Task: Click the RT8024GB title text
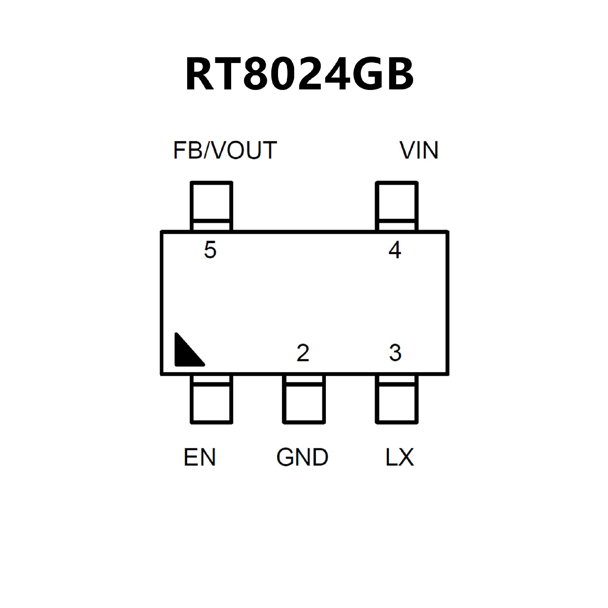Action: pyautogui.click(x=299, y=74)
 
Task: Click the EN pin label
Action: pyautogui.click(x=199, y=457)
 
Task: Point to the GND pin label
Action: pyautogui.click(x=302, y=457)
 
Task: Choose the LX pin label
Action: pyautogui.click(x=400, y=457)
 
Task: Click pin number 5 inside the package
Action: pyautogui.click(x=210, y=250)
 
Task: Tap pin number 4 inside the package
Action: pyautogui.click(x=395, y=250)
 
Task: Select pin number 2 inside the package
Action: pyautogui.click(x=303, y=353)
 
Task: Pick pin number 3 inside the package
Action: pyautogui.click(x=395, y=353)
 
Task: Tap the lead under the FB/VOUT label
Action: pyautogui.click(x=211, y=206)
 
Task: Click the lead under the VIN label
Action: pyautogui.click(x=396, y=206)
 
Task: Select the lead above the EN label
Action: pyautogui.click(x=211, y=399)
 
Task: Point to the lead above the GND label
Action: pyautogui.click(x=304, y=399)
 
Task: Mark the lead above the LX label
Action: pyautogui.click(x=396, y=399)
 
